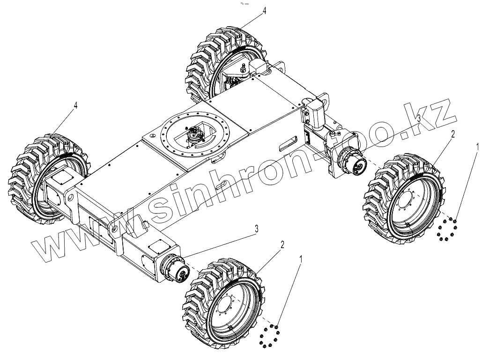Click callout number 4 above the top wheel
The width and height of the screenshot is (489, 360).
(x=264, y=11)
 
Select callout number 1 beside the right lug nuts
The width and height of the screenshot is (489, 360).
(x=477, y=146)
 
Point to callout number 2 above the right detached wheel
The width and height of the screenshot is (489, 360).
(x=452, y=134)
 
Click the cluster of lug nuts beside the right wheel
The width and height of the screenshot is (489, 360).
(x=447, y=229)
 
